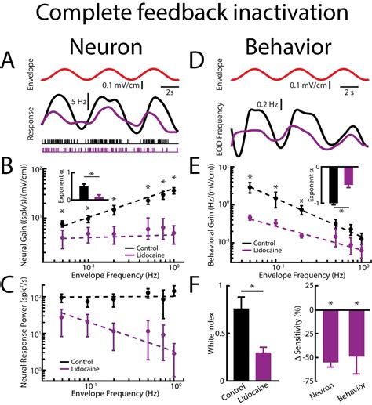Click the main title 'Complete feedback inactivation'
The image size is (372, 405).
click(x=186, y=15)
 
